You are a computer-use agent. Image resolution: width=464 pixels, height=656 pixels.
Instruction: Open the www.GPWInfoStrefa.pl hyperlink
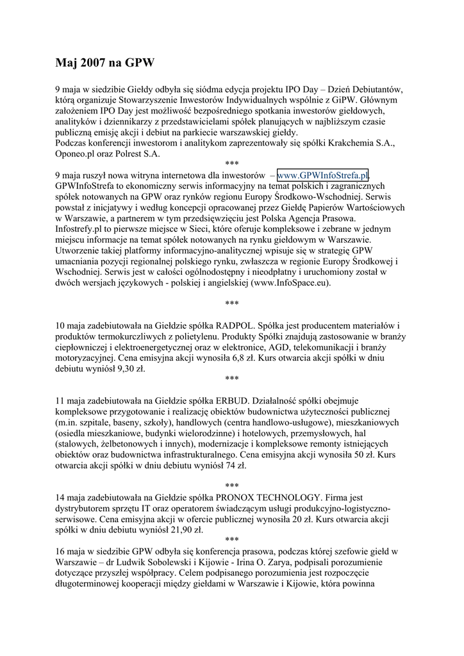(323, 175)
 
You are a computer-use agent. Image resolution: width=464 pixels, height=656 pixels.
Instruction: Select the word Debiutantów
(374, 89)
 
